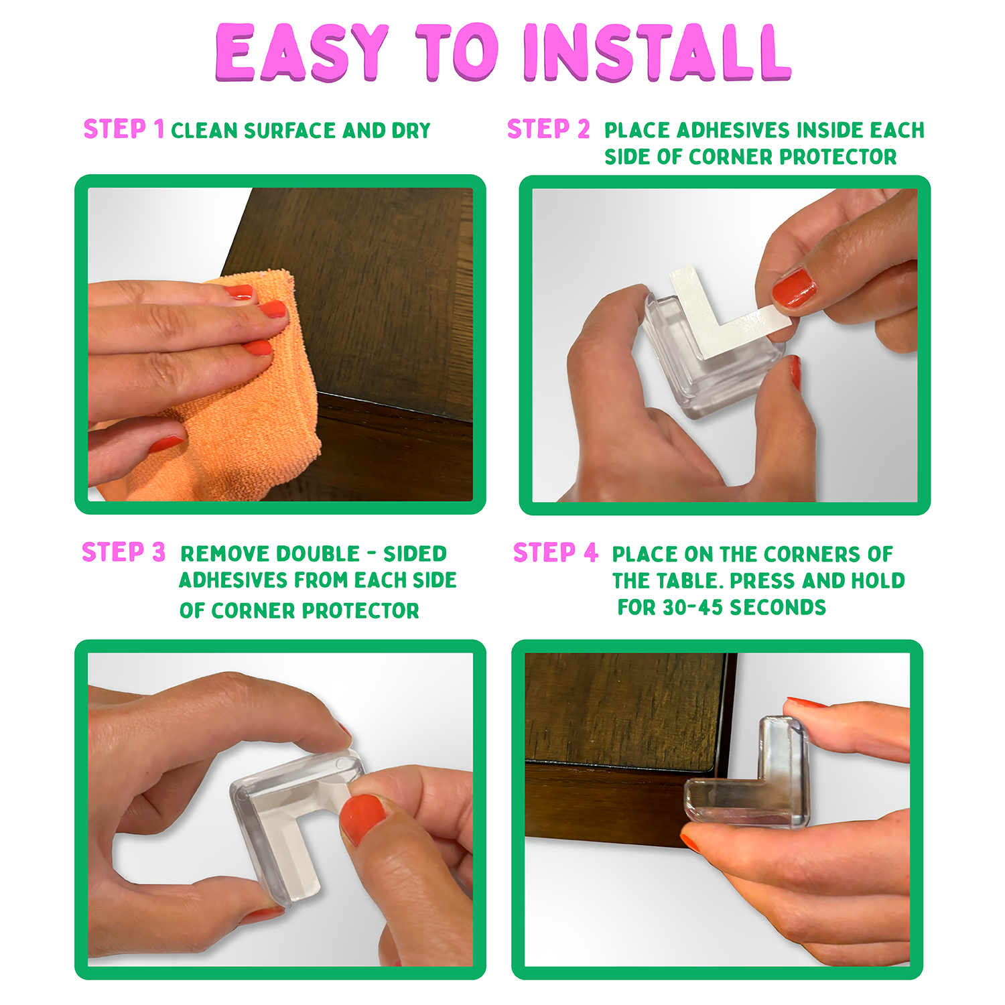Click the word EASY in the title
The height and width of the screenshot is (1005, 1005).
302,53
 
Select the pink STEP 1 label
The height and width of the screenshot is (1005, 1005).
123,129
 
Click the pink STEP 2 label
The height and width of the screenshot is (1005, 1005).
548,129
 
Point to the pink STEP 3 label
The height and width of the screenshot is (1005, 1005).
123,553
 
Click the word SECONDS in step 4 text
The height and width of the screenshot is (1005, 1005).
778,608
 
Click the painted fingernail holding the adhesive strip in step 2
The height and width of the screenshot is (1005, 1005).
795,287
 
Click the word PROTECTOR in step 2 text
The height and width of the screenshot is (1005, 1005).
837,157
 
